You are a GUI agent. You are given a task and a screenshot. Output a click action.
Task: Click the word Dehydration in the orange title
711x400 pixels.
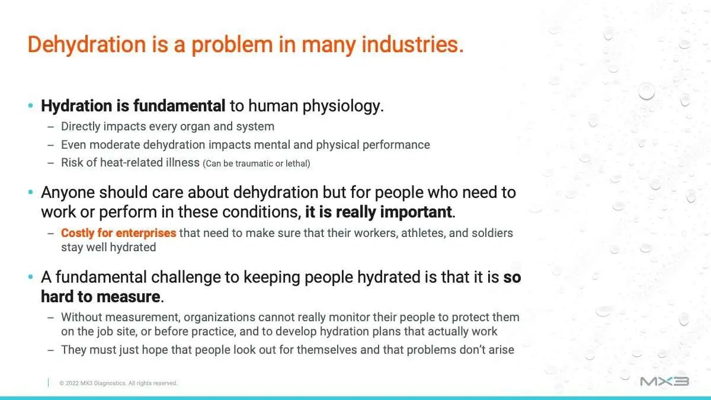coord(87,45)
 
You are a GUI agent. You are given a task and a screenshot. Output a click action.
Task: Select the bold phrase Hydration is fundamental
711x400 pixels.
coord(133,105)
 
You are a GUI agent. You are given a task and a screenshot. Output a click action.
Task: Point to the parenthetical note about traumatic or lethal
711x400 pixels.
coord(257,164)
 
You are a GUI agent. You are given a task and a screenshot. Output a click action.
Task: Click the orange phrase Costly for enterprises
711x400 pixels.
coord(118,233)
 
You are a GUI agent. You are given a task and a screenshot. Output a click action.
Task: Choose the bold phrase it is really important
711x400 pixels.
coord(379,212)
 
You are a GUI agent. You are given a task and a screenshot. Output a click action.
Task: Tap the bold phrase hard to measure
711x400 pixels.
coord(101,296)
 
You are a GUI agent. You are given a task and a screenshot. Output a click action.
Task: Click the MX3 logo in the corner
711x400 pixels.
coord(664,381)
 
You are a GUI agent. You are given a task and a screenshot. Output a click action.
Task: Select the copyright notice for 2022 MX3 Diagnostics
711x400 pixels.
coord(118,383)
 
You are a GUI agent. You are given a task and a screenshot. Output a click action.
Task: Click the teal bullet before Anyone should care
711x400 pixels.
coord(30,192)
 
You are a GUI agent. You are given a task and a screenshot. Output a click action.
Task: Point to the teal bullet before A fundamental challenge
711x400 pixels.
coord(30,277)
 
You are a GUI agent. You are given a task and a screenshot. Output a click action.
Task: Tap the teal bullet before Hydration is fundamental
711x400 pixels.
coord(30,105)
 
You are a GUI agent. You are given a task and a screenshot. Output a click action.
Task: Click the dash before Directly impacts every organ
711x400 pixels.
coord(50,127)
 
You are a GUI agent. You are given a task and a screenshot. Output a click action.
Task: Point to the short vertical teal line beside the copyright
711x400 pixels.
coord(48,383)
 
